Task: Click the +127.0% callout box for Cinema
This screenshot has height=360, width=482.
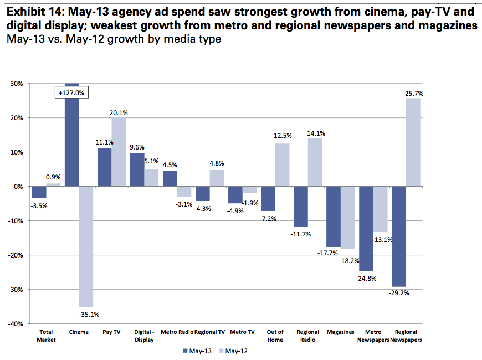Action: pos(71,93)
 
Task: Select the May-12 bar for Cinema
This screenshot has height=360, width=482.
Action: pos(86,246)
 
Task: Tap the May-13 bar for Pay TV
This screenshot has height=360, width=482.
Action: pos(105,167)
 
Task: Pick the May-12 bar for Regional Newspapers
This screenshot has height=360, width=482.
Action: pos(413,142)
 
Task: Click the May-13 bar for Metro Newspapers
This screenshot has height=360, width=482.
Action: pos(366,229)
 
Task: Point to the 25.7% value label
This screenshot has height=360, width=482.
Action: pos(414,94)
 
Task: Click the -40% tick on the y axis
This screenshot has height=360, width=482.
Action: pos(14,323)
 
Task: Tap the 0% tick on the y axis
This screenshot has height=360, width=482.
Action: pos(17,187)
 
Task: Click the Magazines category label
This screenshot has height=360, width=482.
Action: pos(340,332)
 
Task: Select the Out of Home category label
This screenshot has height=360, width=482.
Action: pos(275,336)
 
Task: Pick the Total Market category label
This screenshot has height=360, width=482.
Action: pos(47,336)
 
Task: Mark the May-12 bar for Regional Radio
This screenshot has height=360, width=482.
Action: pos(315,162)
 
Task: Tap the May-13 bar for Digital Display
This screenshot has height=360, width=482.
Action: pos(137,170)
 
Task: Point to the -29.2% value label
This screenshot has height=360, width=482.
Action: pos(399,293)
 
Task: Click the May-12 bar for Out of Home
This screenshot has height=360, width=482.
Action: pos(282,165)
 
